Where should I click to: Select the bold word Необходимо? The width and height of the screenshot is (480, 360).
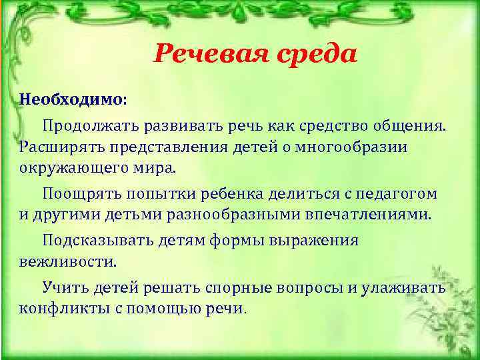click(71, 99)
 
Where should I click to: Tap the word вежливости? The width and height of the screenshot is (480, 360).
click(67, 262)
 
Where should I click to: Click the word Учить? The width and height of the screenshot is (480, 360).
click(64, 288)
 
